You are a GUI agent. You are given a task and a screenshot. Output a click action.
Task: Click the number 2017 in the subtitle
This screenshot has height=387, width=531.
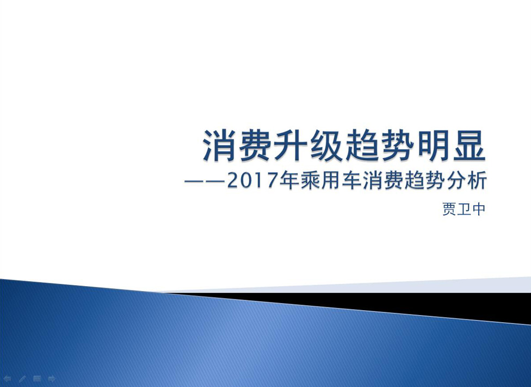(252, 180)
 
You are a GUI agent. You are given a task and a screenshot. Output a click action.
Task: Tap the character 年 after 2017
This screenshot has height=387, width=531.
(289, 180)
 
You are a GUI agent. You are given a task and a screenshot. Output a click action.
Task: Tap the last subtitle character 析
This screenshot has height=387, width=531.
(477, 180)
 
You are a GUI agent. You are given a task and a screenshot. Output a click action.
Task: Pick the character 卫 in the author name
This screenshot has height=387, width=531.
(464, 209)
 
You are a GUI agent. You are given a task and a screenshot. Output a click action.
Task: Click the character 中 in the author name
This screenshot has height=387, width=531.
(479, 209)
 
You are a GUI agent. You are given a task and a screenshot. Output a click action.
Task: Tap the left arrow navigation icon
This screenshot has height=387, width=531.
(7, 379)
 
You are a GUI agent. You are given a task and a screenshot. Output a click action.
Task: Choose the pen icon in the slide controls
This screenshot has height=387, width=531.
(22, 379)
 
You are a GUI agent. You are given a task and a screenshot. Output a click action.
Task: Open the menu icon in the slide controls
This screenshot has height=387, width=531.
(37, 378)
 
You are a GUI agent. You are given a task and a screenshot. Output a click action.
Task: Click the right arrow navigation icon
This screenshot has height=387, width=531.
(52, 378)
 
